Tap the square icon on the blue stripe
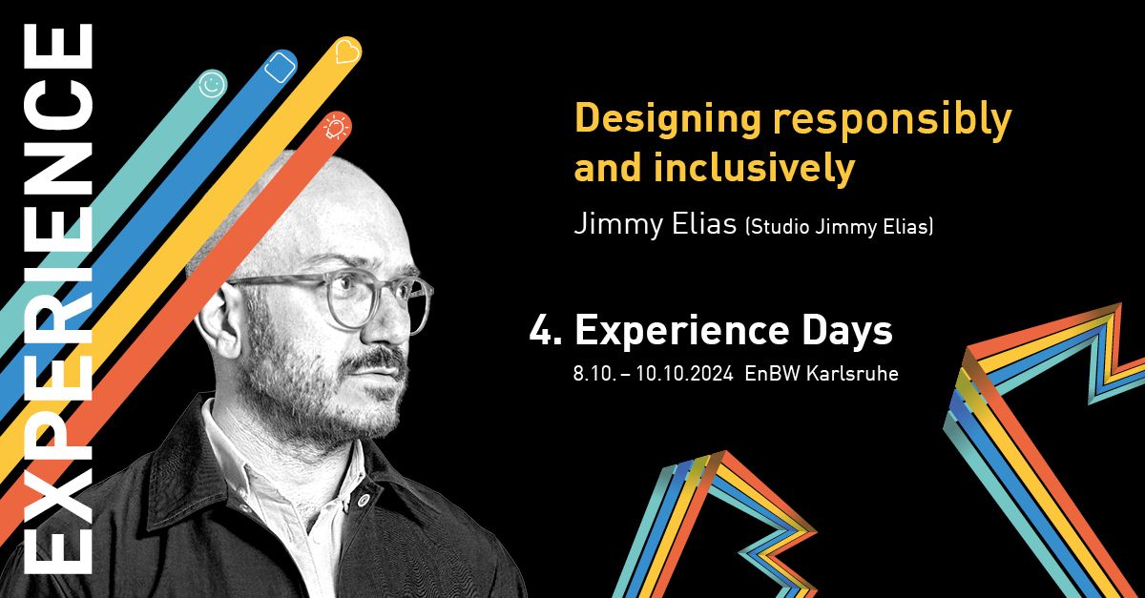click(x=279, y=66)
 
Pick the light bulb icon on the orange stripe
click(x=335, y=127)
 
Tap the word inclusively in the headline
click(x=754, y=169)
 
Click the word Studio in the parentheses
click(x=780, y=227)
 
